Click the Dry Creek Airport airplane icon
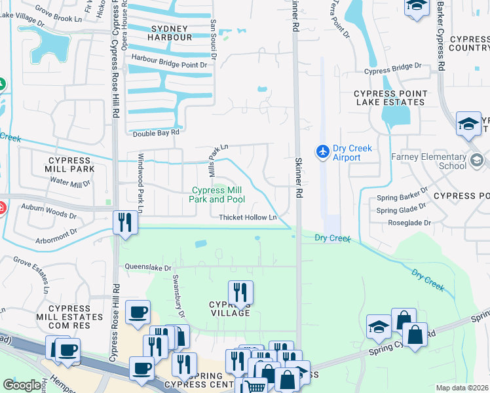[322, 152]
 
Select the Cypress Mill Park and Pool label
[217, 195]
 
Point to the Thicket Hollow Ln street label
[248, 217]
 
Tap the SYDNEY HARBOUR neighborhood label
[172, 33]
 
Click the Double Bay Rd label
[156, 133]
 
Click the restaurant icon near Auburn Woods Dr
[124, 222]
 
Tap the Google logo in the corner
[22, 385]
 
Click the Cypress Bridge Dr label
[392, 67]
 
